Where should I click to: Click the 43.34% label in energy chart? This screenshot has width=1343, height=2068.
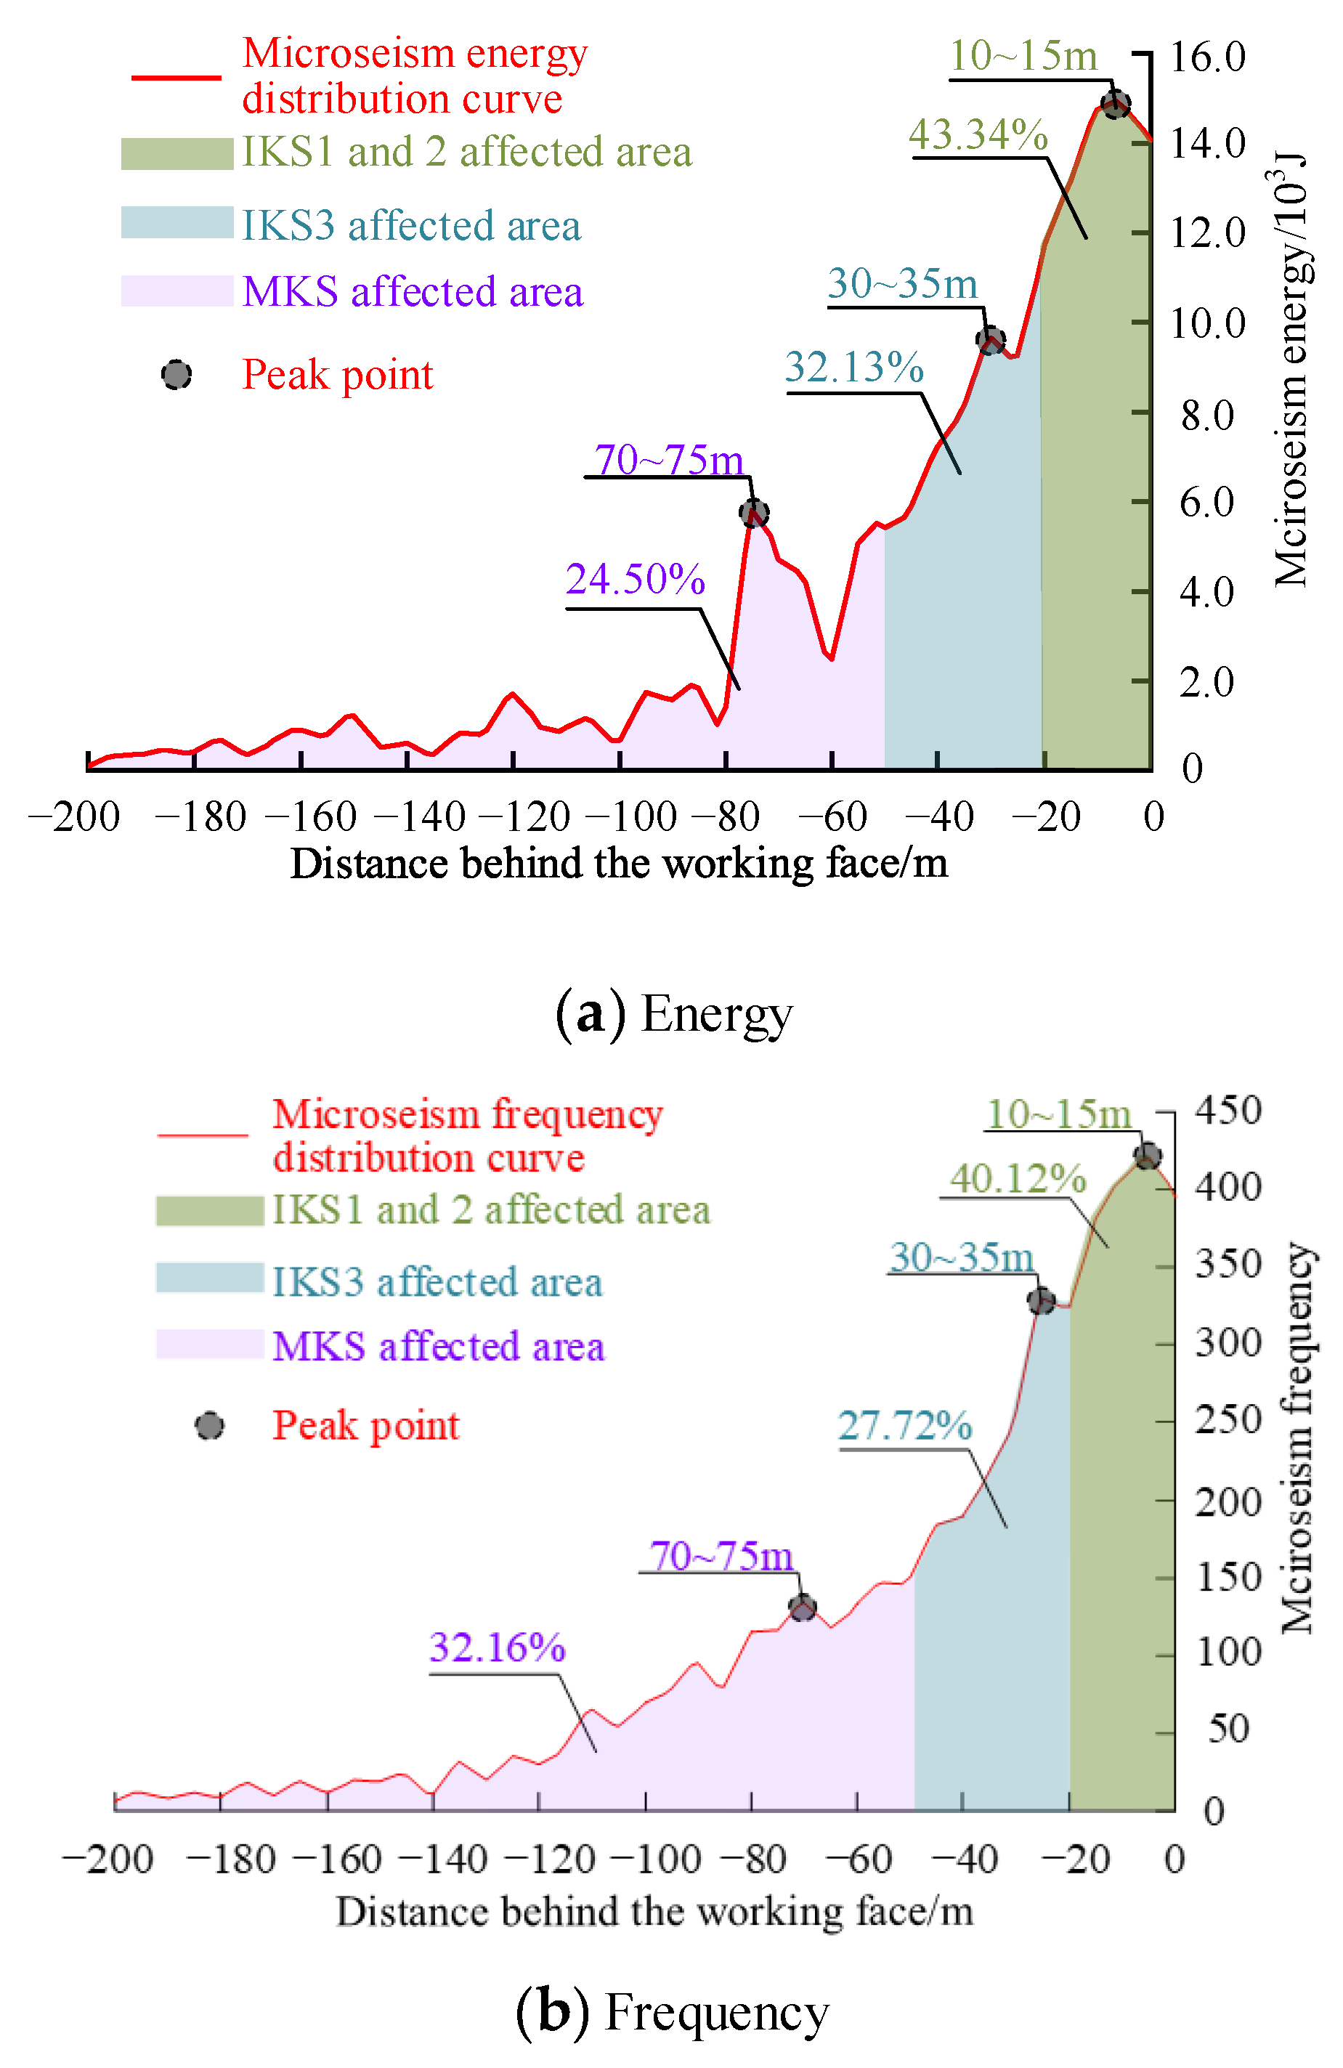pos(978,134)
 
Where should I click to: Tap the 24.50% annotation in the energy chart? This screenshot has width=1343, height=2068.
pos(635,580)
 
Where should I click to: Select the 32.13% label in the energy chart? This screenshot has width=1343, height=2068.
pos(854,367)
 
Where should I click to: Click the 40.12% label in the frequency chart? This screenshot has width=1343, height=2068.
pos(1018,1179)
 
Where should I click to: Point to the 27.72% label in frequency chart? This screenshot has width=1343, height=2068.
pos(904,1425)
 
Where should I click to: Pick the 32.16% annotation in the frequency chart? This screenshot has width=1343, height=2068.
pos(497,1647)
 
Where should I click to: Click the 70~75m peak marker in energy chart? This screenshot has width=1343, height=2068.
pos(753,513)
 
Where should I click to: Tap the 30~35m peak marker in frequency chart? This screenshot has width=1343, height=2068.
pos(1041,1301)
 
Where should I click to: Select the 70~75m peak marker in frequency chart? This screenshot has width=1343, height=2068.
pos(802,1607)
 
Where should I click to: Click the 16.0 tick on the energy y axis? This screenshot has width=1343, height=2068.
pos(1207,57)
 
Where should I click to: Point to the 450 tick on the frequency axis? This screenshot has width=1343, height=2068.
pos(1228,1111)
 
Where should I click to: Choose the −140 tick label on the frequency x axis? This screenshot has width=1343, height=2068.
pos(433,1860)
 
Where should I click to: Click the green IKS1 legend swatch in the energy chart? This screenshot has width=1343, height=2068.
pos(177,154)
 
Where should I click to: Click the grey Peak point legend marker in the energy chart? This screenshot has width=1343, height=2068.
pos(177,375)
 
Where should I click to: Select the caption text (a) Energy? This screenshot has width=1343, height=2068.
pos(673,1013)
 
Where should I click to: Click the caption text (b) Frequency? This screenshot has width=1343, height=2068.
pos(673,2011)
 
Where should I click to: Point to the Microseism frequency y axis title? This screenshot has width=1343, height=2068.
pos(1297,1438)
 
